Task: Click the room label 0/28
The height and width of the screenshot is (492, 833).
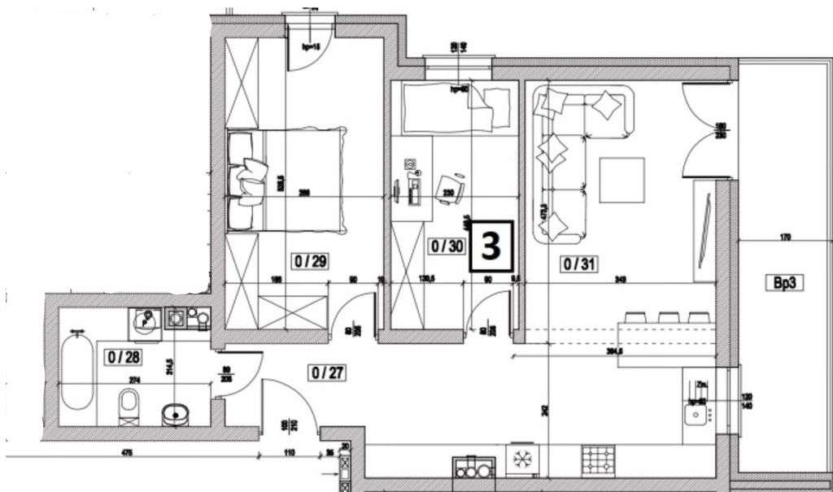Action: (x=118, y=355)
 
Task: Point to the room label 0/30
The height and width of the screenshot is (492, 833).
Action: (x=446, y=245)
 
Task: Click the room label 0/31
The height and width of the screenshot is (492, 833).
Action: (x=576, y=263)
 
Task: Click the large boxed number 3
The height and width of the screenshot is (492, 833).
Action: (x=491, y=246)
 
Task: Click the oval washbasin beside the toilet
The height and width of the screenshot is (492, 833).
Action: (x=174, y=415)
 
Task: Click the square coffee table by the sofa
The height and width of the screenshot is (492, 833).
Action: (x=622, y=180)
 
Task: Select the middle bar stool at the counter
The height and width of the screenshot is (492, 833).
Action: (x=669, y=317)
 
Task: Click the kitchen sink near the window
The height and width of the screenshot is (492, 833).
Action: (x=696, y=416)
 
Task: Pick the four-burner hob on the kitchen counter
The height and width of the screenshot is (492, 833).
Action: (x=598, y=460)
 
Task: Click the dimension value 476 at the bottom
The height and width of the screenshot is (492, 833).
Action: (x=126, y=452)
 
